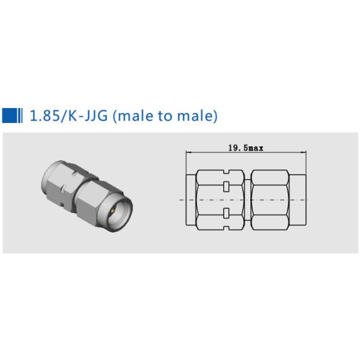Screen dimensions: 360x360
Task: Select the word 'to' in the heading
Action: [x=165, y=115]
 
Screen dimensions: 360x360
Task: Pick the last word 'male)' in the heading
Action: [x=197, y=115]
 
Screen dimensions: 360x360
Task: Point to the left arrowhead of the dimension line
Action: [x=187, y=152]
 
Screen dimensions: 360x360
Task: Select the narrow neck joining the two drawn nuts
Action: [x=248, y=199]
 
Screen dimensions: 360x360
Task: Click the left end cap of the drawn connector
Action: [x=190, y=199]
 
